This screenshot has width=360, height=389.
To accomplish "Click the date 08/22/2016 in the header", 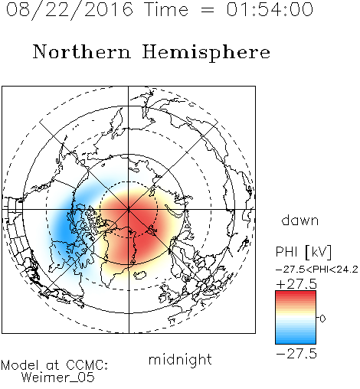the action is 70,10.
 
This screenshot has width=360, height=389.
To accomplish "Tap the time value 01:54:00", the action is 270,9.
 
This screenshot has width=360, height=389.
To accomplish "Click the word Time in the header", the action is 166,9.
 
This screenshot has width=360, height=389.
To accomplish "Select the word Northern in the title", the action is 82,51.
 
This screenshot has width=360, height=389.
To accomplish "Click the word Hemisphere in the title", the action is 206,53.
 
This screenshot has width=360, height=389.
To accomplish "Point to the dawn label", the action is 300,220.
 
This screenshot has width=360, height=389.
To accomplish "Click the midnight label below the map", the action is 180,360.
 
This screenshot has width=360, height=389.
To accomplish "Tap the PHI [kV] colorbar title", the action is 303,252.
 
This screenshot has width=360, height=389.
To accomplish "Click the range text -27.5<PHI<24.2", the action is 317,270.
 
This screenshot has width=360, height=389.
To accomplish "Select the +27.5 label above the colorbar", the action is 296,284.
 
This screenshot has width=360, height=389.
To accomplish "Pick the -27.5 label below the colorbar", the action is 296,354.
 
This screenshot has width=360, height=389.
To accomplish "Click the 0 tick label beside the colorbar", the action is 322,319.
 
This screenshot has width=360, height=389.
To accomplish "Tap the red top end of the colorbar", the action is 296,293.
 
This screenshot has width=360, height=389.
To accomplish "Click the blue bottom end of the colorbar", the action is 296,342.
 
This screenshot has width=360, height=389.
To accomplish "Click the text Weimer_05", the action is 58,378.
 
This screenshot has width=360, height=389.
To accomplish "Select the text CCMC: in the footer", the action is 87,365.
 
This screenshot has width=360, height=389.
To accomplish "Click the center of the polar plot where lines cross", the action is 129,210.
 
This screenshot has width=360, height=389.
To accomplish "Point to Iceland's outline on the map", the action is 140,275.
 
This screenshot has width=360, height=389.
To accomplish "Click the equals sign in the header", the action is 208,11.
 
